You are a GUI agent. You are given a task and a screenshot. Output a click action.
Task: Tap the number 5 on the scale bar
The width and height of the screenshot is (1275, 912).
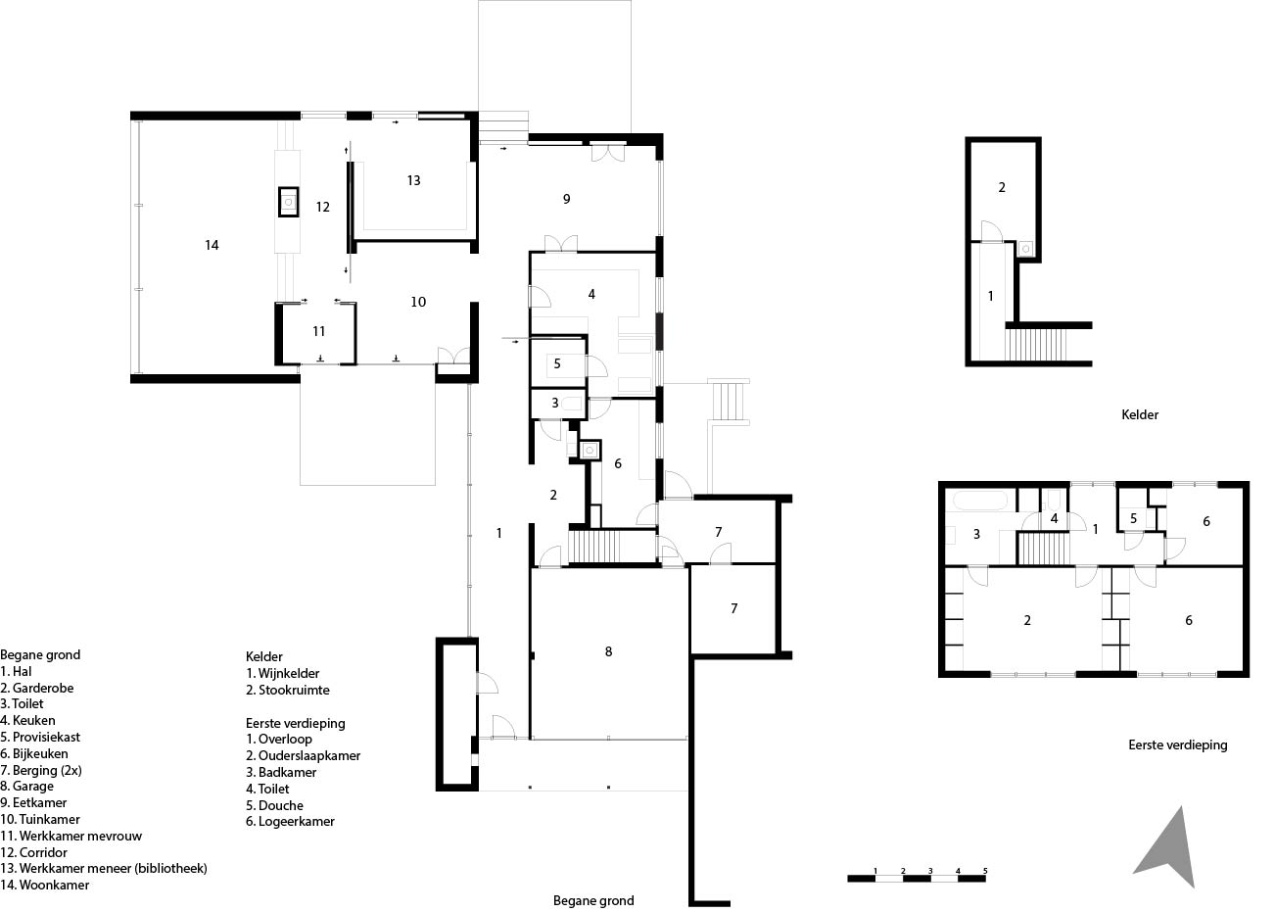point(985,871)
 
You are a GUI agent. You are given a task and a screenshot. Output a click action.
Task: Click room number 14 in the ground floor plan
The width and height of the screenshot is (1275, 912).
point(212,245)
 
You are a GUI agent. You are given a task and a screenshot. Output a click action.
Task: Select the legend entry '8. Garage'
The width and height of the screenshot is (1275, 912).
point(27,787)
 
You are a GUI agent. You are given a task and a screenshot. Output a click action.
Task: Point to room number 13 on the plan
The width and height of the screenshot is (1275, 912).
point(414,180)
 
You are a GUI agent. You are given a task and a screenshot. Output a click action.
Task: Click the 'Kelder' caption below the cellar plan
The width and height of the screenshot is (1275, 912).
point(1140,414)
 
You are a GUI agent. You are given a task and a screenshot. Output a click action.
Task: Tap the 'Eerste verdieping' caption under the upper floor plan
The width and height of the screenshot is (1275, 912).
point(1178,744)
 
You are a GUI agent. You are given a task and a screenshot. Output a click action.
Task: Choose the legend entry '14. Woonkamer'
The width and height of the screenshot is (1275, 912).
point(45,885)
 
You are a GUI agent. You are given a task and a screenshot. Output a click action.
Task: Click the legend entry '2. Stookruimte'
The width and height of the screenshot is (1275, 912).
point(288,690)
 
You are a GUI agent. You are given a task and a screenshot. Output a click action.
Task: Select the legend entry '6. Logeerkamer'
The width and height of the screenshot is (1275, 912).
point(290,822)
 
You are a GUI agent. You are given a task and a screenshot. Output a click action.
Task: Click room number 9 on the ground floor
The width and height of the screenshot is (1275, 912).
point(566,199)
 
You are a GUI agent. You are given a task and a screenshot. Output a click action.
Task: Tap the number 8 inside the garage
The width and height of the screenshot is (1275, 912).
point(608,651)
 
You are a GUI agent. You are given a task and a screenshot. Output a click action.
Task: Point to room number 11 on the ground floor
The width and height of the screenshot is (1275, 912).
point(319,331)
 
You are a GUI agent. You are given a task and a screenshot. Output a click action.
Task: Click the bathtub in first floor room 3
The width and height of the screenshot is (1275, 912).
point(980,501)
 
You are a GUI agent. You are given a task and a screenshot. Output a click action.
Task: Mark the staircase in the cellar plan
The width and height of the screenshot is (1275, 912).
point(1035,345)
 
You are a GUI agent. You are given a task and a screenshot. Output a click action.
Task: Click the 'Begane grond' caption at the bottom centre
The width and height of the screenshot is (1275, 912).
point(593,900)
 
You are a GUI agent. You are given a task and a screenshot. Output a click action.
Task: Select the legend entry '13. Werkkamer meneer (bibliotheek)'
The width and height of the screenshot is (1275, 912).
point(104,868)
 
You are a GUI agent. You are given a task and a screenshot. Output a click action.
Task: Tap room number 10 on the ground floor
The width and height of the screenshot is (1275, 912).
point(418,302)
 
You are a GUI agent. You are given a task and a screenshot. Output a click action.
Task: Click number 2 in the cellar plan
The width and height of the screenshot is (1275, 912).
point(1002,187)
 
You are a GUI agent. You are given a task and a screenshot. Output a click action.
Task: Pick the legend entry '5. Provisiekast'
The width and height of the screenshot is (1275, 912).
point(40,738)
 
